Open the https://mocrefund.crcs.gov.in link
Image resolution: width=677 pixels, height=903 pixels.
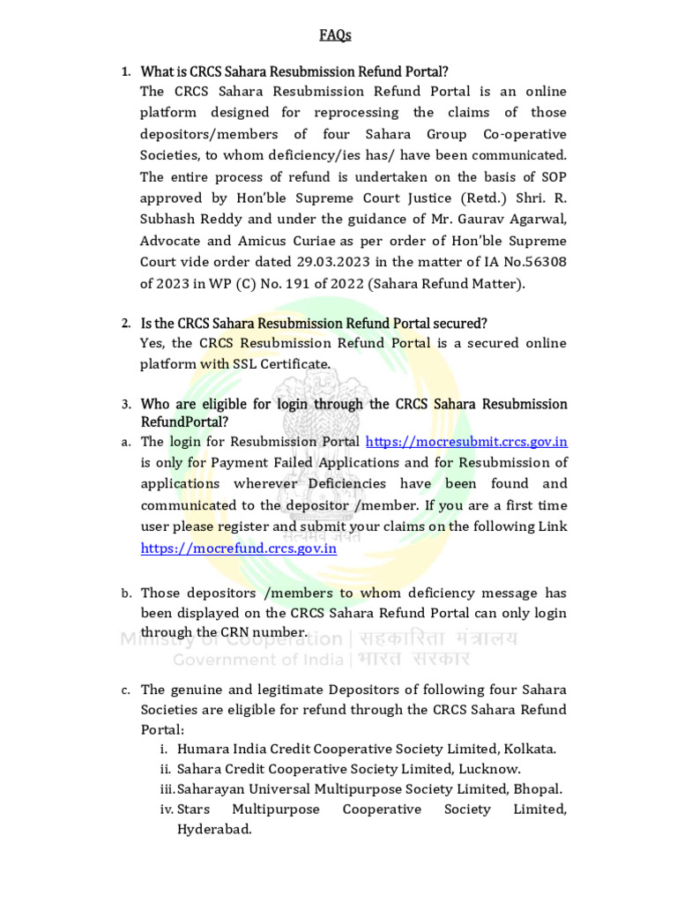pyautogui.click(x=239, y=548)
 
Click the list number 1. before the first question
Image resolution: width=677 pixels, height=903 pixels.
pyautogui.click(x=126, y=71)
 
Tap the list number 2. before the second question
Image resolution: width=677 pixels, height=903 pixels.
pyautogui.click(x=126, y=323)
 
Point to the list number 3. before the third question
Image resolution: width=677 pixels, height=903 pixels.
pyautogui.click(x=126, y=404)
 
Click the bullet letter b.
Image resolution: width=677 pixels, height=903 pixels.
pyautogui.click(x=126, y=593)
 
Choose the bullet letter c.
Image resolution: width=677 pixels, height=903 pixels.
pyautogui.click(x=126, y=690)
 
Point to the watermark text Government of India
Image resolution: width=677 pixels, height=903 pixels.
pyautogui.click(x=261, y=660)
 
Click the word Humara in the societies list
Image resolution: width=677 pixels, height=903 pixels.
pyautogui.click(x=203, y=749)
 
